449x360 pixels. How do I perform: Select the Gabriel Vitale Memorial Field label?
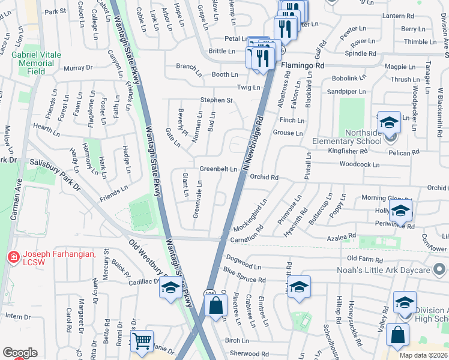pyautogui.click(x=37, y=62)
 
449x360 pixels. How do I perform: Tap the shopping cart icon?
pyautogui.click(x=142, y=341)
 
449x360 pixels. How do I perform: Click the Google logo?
pyautogui.click(x=20, y=353)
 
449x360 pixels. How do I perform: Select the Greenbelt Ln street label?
pyautogui.click(x=218, y=169)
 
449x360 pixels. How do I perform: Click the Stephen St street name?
pyautogui.click(x=216, y=100)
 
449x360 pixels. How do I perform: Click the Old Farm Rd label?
pyautogui.click(x=364, y=259)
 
